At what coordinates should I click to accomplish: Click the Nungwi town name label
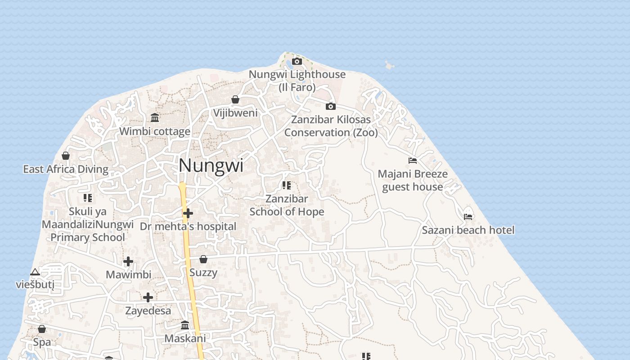tap(211, 166)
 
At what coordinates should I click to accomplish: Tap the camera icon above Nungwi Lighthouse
tap(297, 61)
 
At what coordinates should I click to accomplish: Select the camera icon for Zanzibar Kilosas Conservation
tap(331, 106)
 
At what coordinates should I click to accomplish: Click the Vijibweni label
tap(235, 112)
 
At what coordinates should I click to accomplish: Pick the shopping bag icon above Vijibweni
tap(235, 99)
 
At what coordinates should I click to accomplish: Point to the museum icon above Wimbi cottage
tap(155, 118)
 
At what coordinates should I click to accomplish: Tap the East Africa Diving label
tap(66, 169)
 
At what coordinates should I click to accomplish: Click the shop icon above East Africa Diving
tap(66, 156)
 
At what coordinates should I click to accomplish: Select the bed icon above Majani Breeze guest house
tap(413, 161)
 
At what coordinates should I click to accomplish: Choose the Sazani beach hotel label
tap(468, 230)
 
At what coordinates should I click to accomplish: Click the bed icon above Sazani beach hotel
tap(468, 216)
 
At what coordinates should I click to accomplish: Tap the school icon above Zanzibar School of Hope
tap(287, 185)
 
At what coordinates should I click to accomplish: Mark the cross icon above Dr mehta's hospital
tap(188, 213)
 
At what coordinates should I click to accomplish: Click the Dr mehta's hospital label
tap(188, 226)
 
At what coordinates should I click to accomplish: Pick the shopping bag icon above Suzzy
tap(203, 259)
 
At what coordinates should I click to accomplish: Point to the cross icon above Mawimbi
tap(128, 261)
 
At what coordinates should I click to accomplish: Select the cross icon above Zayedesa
tap(148, 297)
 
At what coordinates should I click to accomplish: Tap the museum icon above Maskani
tap(185, 325)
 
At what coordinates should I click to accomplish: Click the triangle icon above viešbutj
tap(35, 272)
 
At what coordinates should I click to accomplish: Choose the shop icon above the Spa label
tap(42, 329)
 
